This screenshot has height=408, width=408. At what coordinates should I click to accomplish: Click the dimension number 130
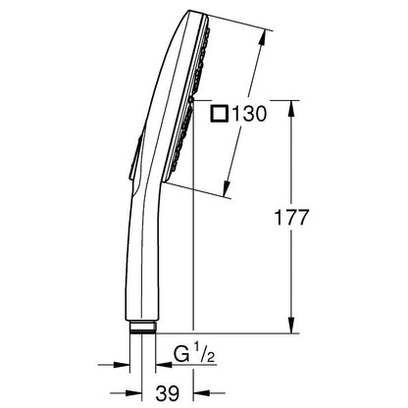click(248, 114)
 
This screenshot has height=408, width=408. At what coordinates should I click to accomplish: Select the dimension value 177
click(291, 218)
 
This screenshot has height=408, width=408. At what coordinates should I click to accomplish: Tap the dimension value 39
click(168, 393)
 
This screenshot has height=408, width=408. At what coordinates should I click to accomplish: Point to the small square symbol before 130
click(219, 114)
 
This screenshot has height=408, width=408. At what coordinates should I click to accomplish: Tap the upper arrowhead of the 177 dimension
click(291, 109)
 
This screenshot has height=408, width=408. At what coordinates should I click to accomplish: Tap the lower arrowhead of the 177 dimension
click(291, 325)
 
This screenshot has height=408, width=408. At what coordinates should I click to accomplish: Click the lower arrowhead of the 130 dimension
click(227, 187)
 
